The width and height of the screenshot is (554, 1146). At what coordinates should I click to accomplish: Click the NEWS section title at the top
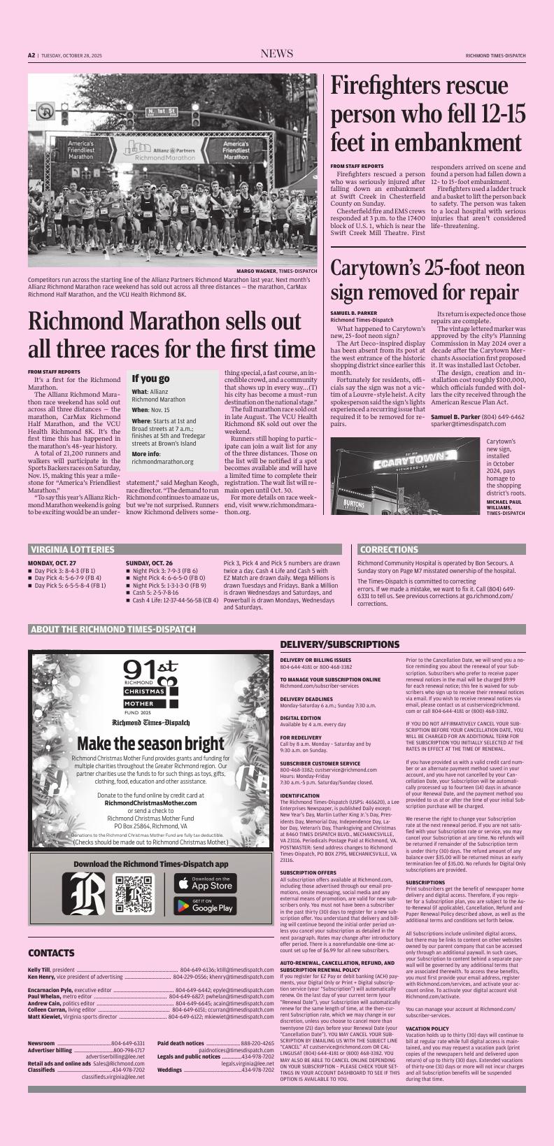pos(277,55)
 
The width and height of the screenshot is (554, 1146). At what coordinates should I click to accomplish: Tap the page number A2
pos(31,55)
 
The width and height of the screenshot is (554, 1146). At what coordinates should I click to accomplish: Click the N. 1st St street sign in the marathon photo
pos(161,112)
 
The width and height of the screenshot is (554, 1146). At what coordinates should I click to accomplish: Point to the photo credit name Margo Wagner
pos(257,271)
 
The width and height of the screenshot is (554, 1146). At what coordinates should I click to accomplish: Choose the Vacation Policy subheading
pos(427,1028)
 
